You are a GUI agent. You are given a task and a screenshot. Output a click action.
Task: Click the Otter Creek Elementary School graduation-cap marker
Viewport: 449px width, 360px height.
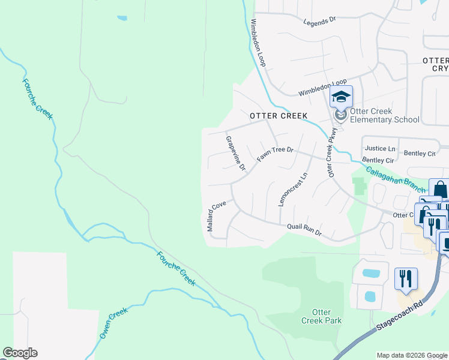point(341,97)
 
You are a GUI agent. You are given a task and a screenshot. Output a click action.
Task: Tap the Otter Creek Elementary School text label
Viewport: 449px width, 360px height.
point(384,115)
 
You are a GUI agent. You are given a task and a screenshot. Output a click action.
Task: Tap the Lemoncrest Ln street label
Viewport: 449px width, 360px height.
point(292,190)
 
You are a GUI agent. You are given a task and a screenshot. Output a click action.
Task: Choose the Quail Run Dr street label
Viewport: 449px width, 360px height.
point(304,228)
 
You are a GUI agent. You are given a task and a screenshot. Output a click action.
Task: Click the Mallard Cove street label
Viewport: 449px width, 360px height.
point(215,217)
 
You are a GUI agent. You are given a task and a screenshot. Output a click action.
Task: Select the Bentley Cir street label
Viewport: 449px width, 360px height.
point(378,160)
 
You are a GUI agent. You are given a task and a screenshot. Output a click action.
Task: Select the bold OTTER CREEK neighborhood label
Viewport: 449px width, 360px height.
point(278,115)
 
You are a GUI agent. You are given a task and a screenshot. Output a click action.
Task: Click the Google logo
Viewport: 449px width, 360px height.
point(20,353)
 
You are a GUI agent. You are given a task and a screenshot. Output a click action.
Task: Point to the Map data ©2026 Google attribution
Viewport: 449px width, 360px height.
point(411,355)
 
